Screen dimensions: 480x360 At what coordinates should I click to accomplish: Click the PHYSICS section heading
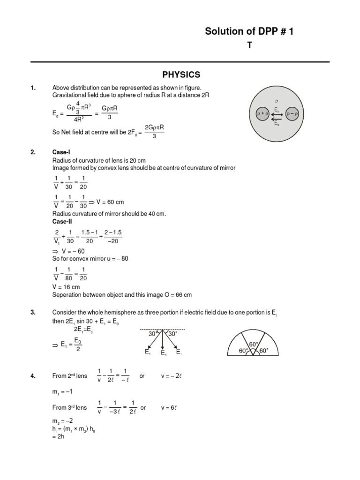181,75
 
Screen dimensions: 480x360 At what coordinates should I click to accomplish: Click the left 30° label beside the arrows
153,334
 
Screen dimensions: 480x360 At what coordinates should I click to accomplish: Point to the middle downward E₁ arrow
163,341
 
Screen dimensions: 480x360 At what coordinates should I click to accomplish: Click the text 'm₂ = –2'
62,421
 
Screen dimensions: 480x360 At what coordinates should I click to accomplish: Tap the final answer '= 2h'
58,436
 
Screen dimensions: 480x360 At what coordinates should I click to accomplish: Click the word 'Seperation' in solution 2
67,295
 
